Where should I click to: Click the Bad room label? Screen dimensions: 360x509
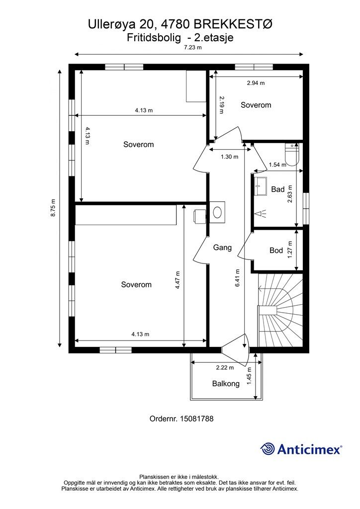(277, 189)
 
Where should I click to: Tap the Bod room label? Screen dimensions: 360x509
(276, 251)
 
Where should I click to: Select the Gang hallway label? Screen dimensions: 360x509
(222, 248)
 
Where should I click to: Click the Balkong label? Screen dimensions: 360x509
(226, 383)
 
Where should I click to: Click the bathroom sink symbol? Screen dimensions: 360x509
(261, 183)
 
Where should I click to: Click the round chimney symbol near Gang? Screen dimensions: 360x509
(217, 212)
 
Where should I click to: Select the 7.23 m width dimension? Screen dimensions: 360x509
(193, 47)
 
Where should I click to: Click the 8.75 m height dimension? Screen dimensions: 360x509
(53, 208)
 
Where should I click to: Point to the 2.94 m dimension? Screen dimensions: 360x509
(256, 83)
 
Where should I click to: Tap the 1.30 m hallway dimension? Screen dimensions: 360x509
(230, 157)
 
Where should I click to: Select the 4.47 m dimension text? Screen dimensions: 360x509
(177, 280)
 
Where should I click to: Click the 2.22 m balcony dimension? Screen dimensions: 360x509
(225, 368)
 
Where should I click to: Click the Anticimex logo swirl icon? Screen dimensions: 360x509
(268, 449)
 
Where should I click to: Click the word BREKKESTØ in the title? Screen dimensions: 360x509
(233, 25)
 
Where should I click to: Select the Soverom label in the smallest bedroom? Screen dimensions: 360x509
(256, 105)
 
